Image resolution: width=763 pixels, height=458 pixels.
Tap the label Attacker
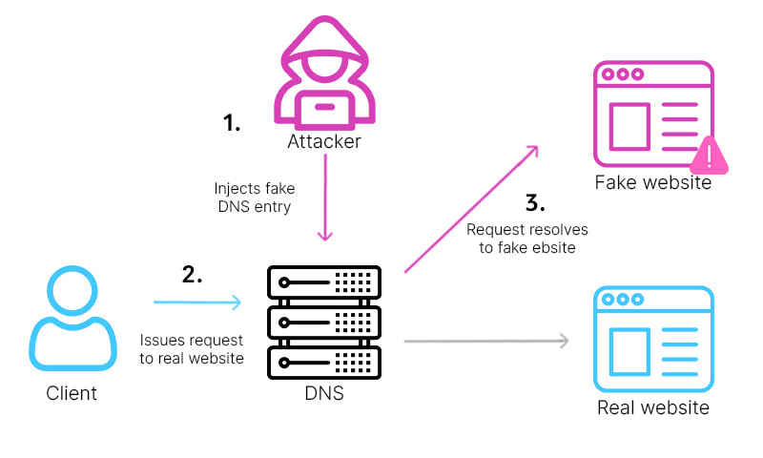(x=325, y=142)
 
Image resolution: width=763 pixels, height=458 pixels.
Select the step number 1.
(x=232, y=122)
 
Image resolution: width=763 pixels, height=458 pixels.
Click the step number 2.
(x=193, y=275)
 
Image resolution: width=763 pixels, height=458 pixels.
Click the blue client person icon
(x=72, y=319)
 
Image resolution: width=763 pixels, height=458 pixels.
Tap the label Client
(x=72, y=393)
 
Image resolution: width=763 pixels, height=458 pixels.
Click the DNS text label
(x=325, y=393)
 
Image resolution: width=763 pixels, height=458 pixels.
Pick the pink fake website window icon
(x=652, y=114)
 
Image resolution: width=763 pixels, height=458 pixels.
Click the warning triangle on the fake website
(x=708, y=156)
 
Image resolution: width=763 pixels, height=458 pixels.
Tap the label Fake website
(x=653, y=182)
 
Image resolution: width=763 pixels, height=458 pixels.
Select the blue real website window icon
(x=652, y=339)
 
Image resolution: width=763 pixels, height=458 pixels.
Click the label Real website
(x=653, y=408)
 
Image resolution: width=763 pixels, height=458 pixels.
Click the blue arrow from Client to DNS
(x=197, y=302)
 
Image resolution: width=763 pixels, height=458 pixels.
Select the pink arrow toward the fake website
(x=471, y=210)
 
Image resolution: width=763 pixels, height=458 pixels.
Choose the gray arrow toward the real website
(x=486, y=341)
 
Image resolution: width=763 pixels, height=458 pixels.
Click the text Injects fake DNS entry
(x=255, y=198)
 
